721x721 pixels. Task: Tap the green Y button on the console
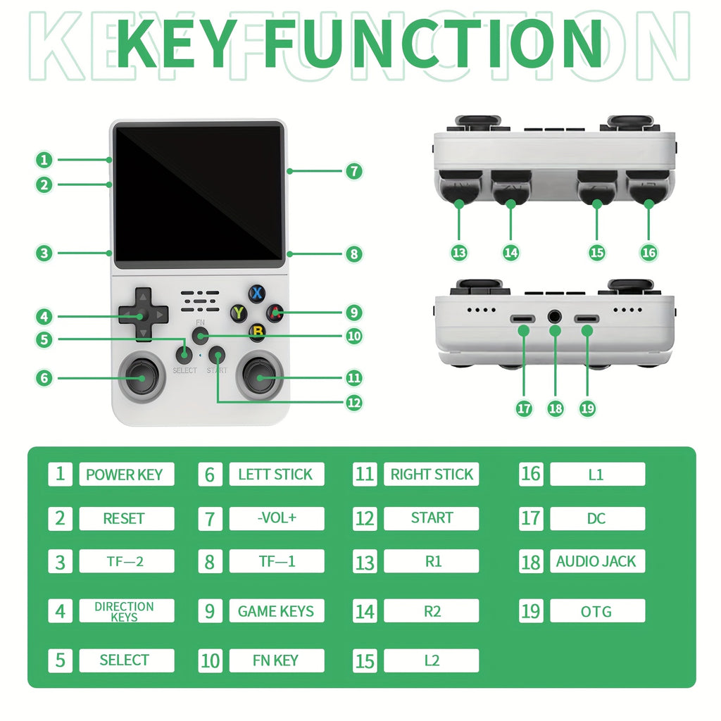pos(239,313)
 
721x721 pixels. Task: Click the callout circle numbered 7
pos(353,170)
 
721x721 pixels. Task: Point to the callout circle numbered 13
pos(459,252)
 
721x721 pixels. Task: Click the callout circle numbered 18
pos(556,408)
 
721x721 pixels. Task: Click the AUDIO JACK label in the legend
pos(596,561)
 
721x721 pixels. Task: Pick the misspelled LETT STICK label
pos(276,474)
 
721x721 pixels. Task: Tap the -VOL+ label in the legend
pos(276,518)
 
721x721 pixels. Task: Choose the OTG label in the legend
pos(596,610)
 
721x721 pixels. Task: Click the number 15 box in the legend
pos(365,660)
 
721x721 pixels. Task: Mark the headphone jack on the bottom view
pos(556,318)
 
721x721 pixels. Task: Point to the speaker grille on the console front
pos(201,301)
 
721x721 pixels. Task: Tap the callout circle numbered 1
pos(44,159)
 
